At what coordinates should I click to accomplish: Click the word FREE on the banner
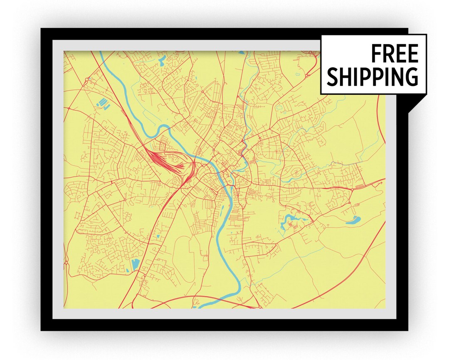(x=394, y=54)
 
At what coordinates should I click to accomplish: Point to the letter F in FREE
(x=375, y=54)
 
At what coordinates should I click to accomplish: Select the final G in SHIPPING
(x=410, y=77)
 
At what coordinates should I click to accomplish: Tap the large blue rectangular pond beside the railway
(x=135, y=265)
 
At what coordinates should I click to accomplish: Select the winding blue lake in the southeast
(x=291, y=221)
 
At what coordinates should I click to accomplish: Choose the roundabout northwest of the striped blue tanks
(x=86, y=79)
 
